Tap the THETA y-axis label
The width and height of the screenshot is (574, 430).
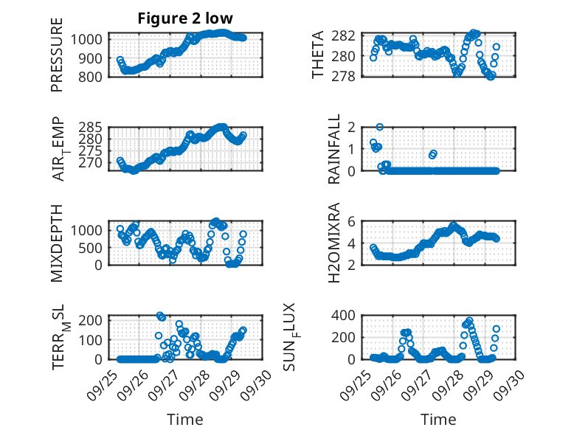[319, 55]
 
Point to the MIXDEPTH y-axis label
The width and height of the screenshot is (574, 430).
[57, 243]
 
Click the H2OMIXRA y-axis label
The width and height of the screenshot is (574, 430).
[335, 242]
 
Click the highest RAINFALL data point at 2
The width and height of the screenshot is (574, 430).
[380, 127]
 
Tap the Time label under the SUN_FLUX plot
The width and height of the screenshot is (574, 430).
[438, 420]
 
